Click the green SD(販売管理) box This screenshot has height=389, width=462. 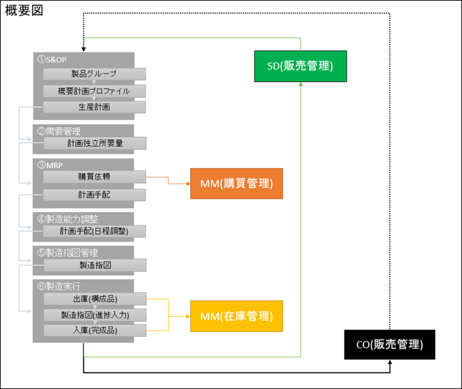coord(300,66)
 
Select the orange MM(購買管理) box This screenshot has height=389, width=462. coord(236,184)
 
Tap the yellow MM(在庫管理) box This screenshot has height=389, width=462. coord(236,316)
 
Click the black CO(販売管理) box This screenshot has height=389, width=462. coord(389,345)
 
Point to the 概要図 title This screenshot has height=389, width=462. coord(24,11)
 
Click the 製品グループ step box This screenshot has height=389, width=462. coord(94,74)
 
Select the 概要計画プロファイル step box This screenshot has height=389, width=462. coord(94,91)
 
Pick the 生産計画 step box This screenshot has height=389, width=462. coord(94,107)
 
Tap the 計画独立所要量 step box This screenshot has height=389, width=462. coord(94,144)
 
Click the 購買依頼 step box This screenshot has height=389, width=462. coord(94,177)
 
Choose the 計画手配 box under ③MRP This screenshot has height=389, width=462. coord(94,195)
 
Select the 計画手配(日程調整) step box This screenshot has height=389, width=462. coord(94,231)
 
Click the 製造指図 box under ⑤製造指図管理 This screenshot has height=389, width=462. coord(94,265)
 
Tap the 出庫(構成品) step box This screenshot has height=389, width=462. coord(94,299)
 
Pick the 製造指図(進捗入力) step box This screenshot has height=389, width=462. coord(94,315)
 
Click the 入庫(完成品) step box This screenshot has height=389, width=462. coord(94,330)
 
